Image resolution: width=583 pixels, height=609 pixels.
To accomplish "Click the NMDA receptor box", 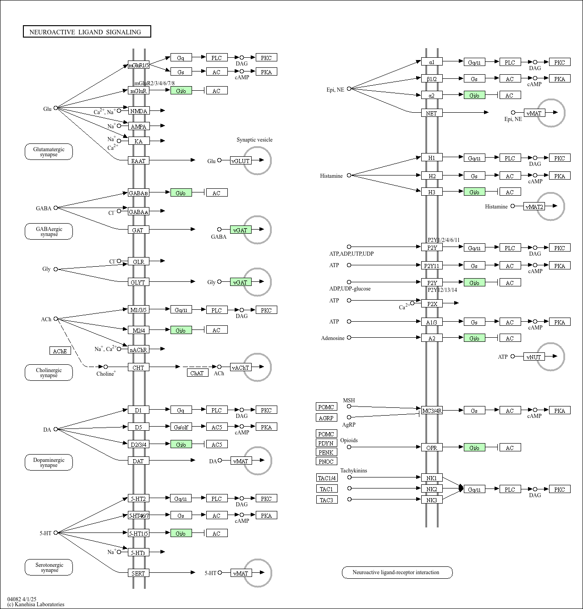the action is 138,111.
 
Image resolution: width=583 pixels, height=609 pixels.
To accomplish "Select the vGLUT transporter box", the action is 241,161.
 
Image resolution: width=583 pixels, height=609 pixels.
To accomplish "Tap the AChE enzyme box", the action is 60,351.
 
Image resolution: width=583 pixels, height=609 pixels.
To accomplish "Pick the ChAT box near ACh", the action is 198,373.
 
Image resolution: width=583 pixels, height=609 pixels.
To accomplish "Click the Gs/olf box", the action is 181,427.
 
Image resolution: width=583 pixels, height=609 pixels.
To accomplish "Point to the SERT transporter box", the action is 138,573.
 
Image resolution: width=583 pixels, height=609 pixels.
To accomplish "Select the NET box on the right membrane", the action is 432,113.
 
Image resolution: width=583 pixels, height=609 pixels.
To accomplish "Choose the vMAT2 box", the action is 534,207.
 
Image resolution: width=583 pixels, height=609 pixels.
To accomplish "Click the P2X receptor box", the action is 432,303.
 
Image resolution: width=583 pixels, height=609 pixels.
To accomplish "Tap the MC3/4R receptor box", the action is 432,411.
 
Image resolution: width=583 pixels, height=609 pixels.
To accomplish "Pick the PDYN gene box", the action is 326,443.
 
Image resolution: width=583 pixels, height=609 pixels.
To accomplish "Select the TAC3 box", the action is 327,500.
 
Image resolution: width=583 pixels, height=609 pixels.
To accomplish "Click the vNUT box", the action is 534,357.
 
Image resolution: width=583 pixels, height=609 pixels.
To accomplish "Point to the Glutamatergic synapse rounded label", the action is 49,152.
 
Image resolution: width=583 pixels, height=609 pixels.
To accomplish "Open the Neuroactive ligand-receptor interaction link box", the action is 397,572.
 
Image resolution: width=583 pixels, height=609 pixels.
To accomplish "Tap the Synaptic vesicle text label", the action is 254,140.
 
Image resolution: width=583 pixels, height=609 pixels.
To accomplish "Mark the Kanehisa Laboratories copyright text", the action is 36,604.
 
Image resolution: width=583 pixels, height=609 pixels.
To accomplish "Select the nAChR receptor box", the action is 138,350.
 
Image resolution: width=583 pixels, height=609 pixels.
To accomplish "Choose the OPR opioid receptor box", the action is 432,448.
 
